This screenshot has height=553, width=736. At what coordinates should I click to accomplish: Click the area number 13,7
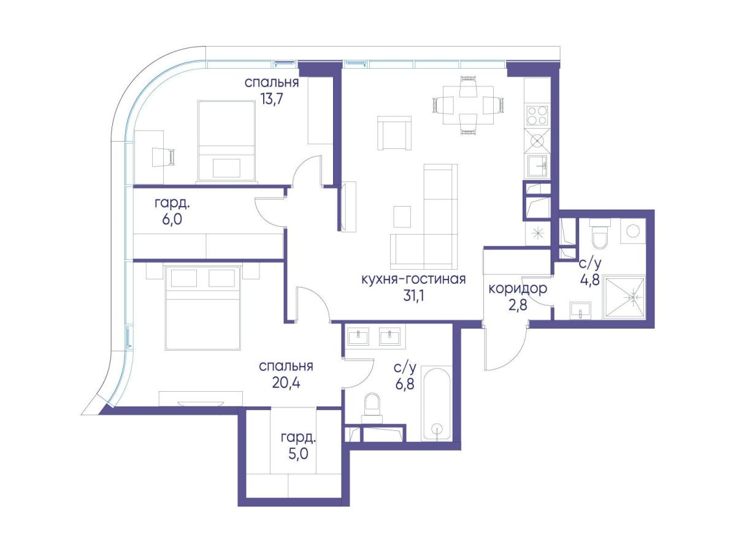(272, 99)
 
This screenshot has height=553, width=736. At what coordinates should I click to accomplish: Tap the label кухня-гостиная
(413, 279)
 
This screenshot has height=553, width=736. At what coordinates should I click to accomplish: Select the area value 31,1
(413, 296)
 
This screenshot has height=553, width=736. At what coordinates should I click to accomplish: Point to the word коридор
(518, 289)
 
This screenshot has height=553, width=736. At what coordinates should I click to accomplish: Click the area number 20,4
(286, 382)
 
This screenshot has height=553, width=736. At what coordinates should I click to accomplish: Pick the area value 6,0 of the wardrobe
(172, 219)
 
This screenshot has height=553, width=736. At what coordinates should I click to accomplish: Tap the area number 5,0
(298, 454)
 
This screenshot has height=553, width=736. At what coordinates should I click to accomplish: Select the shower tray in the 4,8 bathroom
(624, 297)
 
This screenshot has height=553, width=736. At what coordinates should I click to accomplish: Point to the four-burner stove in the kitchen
(537, 115)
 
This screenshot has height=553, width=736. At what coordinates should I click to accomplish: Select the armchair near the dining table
(394, 133)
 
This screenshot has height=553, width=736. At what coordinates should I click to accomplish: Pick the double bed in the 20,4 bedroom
(203, 307)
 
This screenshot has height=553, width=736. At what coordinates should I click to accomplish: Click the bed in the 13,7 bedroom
(226, 141)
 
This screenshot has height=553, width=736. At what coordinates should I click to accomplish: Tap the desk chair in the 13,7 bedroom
(163, 157)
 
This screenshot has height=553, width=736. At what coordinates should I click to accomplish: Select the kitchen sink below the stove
(537, 166)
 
